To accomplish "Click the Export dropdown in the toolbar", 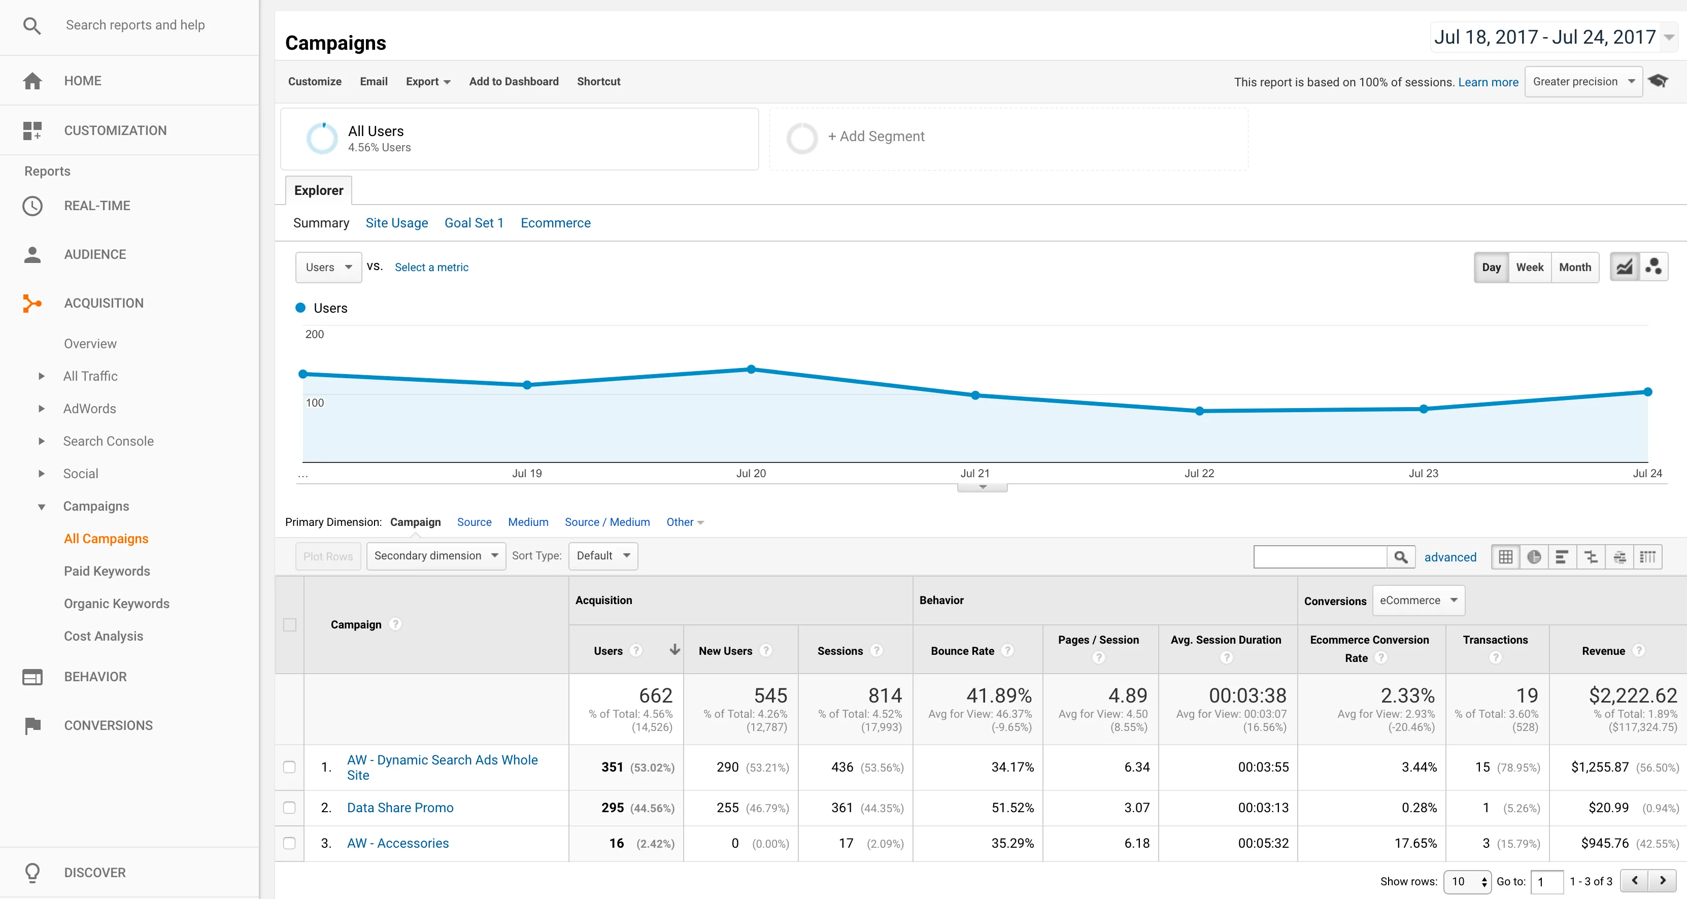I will coord(428,81).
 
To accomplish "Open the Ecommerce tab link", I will coord(555,223).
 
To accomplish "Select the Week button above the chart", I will coord(1529,268).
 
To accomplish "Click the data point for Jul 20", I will coord(751,369).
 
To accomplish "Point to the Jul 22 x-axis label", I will coord(1199,473).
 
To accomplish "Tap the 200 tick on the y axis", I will coord(314,334).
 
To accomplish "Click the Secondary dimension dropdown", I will coord(435,556).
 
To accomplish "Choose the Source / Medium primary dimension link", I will coord(607,522).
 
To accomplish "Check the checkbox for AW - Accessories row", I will coord(289,843).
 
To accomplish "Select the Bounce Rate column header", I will coord(963,651).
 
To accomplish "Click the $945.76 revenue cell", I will coord(1604,843).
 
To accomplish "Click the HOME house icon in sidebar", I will coord(32,81).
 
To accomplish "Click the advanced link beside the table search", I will coord(1450,557).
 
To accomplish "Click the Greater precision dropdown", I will coord(1583,81).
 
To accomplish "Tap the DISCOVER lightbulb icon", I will coord(32,872).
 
